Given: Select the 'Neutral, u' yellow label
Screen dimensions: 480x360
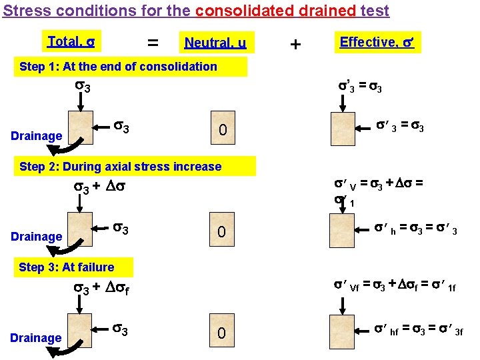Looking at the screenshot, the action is (215, 43).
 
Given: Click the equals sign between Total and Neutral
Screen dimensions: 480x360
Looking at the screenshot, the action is (153, 43).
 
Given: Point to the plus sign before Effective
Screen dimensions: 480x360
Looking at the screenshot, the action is (295, 44).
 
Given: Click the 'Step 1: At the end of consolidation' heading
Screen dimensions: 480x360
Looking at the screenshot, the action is (119, 67).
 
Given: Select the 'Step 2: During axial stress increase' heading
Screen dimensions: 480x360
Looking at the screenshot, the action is (121, 167).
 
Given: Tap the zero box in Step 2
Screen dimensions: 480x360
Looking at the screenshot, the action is (224, 232).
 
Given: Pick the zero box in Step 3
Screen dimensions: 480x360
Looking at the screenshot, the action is (224, 332).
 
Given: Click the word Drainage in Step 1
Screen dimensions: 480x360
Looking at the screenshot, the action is (37, 136).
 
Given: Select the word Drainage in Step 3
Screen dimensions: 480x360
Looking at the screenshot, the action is (36, 337).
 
